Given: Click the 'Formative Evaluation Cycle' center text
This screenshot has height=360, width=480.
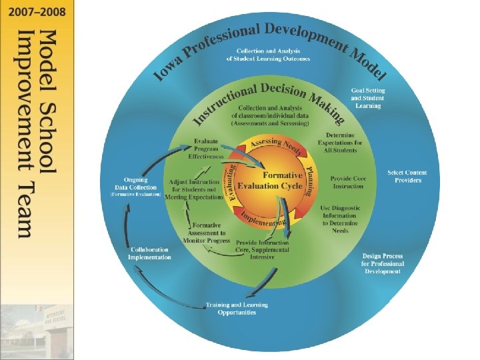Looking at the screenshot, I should click(x=270, y=181).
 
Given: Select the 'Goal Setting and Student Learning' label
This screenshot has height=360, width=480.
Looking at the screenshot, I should click(x=368, y=98).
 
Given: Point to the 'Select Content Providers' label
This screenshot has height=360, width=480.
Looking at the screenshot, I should click(x=407, y=177).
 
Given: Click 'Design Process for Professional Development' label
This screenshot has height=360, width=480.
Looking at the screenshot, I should click(x=382, y=263).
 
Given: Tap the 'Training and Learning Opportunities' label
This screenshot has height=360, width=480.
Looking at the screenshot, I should click(x=237, y=309).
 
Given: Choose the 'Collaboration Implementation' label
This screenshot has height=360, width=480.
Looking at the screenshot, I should click(x=151, y=253).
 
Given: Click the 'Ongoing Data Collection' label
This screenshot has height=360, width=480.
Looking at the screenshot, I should click(x=135, y=183).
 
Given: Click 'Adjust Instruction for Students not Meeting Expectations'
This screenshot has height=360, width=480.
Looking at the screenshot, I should click(x=196, y=189).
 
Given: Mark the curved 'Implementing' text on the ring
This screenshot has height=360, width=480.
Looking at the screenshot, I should click(x=261, y=220).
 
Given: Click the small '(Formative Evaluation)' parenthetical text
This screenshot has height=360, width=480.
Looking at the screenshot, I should click(x=135, y=194).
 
